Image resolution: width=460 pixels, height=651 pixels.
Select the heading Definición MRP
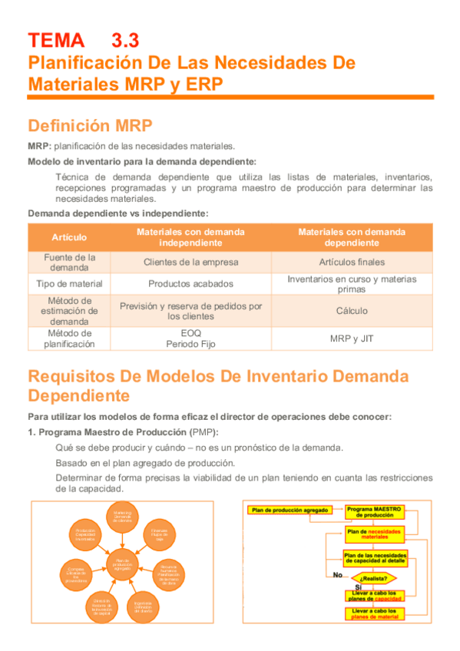click(x=90, y=125)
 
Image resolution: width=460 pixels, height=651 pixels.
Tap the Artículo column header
click(x=69, y=237)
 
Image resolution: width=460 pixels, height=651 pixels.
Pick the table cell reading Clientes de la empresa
click(x=191, y=262)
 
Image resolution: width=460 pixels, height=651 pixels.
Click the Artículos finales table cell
click(x=352, y=262)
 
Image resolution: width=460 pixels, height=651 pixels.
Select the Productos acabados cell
click(x=191, y=283)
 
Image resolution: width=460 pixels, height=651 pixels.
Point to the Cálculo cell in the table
click(x=352, y=311)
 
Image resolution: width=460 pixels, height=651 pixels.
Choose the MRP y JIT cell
click(x=352, y=339)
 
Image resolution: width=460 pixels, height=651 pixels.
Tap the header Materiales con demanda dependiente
click(x=352, y=237)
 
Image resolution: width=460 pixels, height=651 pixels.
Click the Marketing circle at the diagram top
click(x=123, y=516)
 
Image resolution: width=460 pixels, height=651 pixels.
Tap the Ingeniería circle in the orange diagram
click(x=143, y=606)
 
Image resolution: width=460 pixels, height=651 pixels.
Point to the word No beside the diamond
click(x=337, y=574)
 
